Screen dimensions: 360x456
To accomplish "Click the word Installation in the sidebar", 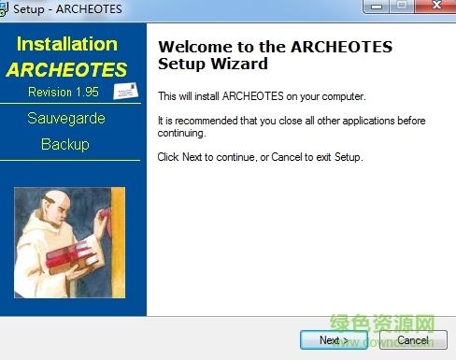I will pos(67,44).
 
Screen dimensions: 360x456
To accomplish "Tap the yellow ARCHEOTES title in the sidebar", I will pos(66,70).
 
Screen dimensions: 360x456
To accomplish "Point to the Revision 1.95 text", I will pos(63,92).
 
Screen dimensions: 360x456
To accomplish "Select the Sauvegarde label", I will pos(65,119).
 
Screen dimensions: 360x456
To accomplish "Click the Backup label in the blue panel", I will pos(65,144).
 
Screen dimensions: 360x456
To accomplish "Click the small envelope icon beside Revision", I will pos(125,91).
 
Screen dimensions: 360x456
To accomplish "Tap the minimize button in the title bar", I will pos(379,7).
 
